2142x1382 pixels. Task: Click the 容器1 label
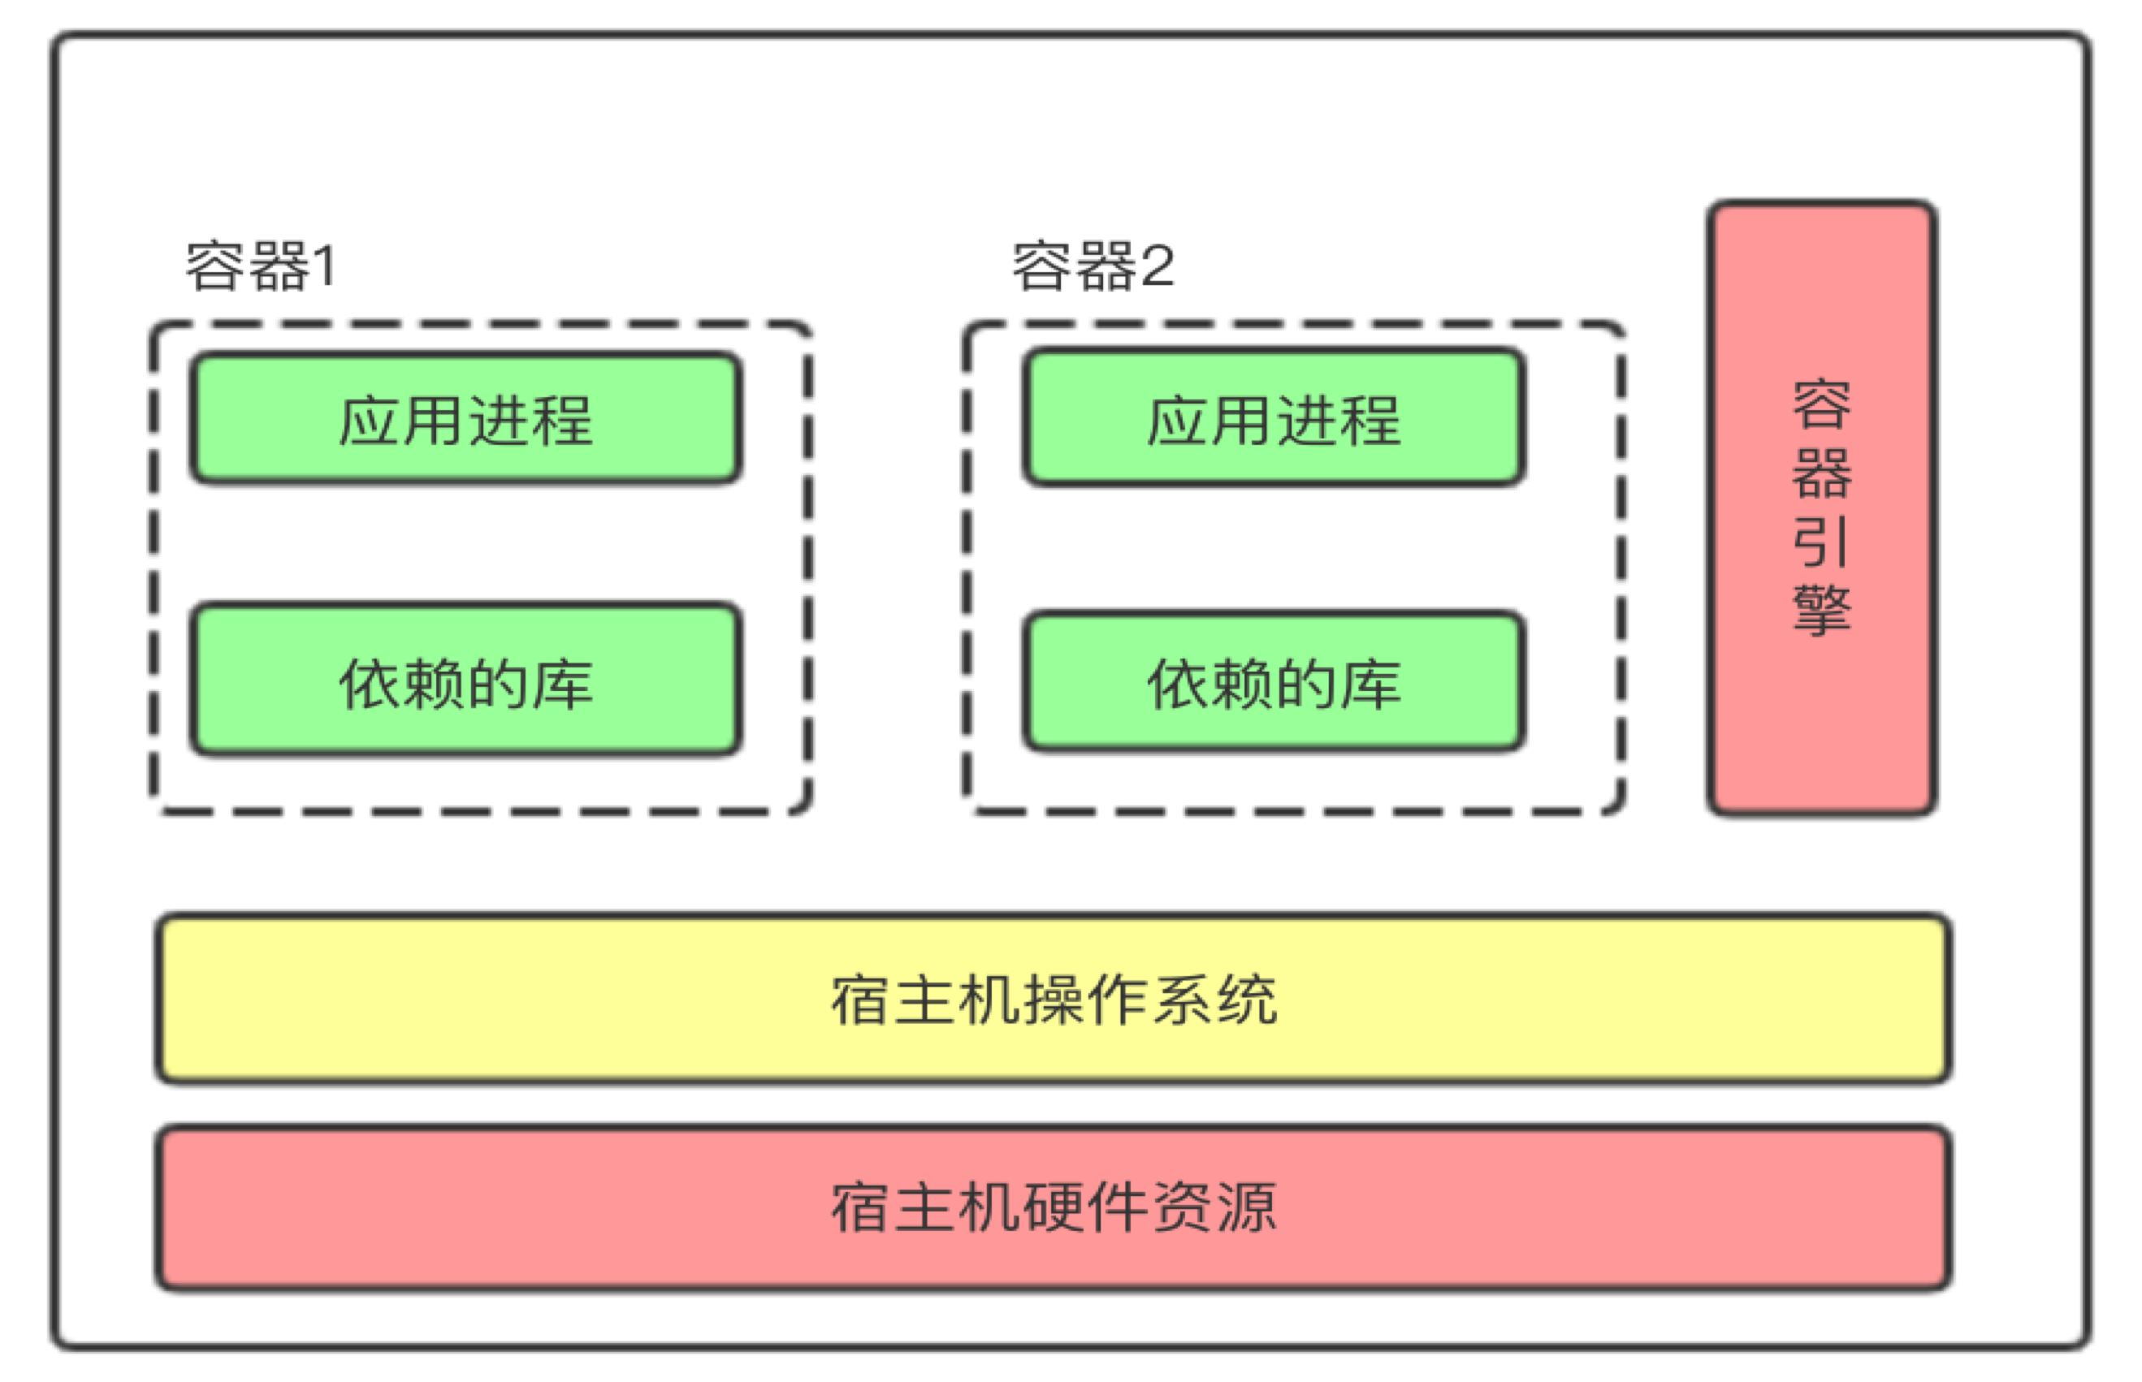click(x=261, y=266)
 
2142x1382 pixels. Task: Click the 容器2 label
click(x=1093, y=266)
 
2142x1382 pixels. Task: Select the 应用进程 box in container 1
click(x=465, y=419)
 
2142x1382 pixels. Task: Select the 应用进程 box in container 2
click(x=1273, y=418)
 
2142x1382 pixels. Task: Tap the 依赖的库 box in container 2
click(x=1273, y=682)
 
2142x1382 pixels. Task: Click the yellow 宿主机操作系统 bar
click(x=1053, y=999)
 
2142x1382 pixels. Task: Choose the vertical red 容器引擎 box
click(x=1821, y=508)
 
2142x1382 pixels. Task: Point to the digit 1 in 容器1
click(x=324, y=266)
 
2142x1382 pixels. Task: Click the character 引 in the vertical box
click(x=1821, y=542)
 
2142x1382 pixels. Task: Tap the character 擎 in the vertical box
click(x=1821, y=611)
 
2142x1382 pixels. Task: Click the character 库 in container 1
click(x=562, y=684)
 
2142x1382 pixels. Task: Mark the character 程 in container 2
click(x=1370, y=420)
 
